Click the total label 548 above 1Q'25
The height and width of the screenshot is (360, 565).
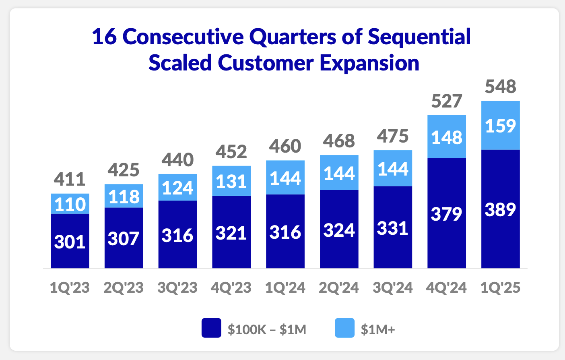[x=500, y=87]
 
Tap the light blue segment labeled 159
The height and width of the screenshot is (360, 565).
[x=500, y=126]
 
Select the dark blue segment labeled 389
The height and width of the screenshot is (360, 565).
[x=500, y=209]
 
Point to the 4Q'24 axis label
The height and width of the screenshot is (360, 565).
[x=446, y=288]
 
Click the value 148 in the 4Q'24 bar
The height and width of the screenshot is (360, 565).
[x=447, y=138]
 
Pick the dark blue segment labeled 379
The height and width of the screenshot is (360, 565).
[x=447, y=213]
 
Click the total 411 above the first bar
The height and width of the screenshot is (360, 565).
[x=70, y=179]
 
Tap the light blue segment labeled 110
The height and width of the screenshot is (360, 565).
[x=70, y=204]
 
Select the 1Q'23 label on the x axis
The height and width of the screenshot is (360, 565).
[x=70, y=288]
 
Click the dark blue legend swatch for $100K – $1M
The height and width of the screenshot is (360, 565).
[x=211, y=328]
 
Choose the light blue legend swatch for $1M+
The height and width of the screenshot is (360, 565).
[x=344, y=328]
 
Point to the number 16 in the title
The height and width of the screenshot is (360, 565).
[x=104, y=37]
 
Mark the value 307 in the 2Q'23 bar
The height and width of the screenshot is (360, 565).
[x=124, y=238]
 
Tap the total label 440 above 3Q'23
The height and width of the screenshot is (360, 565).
[x=177, y=160]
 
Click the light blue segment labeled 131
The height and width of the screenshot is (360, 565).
[x=231, y=181]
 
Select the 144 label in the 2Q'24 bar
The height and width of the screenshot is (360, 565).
[x=339, y=173]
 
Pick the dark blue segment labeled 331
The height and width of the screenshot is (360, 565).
[x=393, y=228]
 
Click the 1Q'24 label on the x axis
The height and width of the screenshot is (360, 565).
[x=285, y=288]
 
